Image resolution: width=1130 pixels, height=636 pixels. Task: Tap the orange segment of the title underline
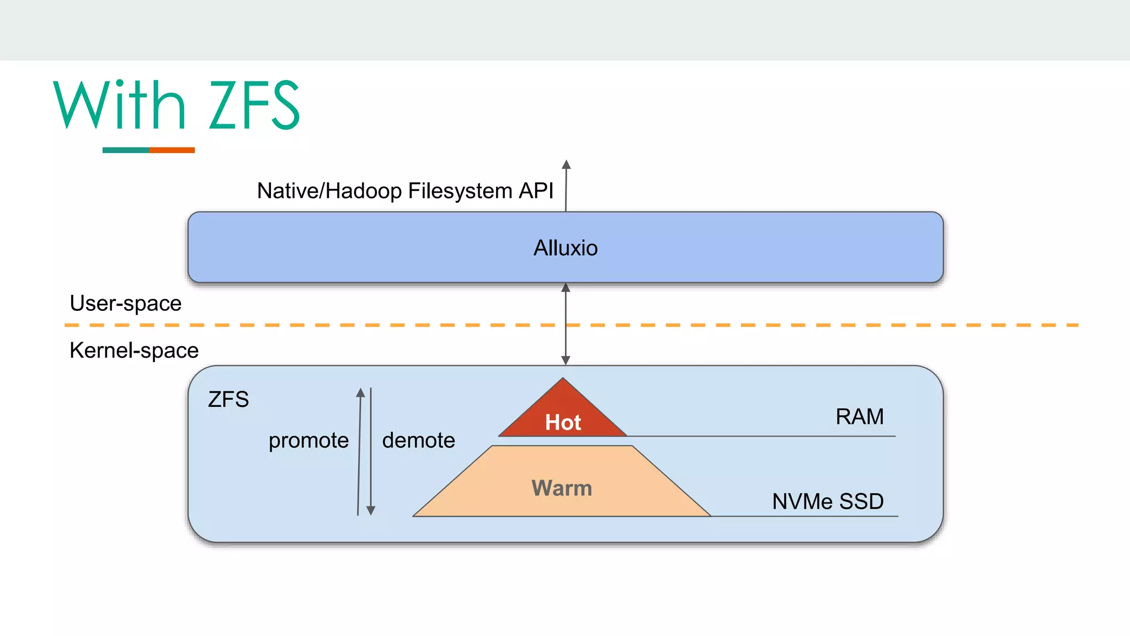(x=172, y=150)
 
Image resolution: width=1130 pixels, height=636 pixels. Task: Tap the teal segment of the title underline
(x=125, y=150)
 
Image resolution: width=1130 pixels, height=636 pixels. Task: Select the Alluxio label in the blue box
(x=566, y=248)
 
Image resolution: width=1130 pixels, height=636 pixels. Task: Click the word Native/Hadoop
(x=329, y=191)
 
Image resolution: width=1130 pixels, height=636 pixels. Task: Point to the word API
(x=536, y=191)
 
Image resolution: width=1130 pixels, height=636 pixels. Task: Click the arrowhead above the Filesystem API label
(x=566, y=165)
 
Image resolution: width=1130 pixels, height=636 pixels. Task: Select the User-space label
(x=125, y=303)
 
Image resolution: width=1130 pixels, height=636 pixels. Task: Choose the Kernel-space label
(x=134, y=351)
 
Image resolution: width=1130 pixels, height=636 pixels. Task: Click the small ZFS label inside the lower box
(x=228, y=399)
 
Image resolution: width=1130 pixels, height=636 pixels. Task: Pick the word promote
(x=308, y=441)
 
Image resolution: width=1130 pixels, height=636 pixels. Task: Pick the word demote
(x=418, y=441)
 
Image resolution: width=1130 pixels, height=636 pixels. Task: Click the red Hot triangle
(x=563, y=414)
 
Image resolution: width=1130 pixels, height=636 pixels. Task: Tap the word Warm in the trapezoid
(x=562, y=488)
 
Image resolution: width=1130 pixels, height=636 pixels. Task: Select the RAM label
(x=859, y=416)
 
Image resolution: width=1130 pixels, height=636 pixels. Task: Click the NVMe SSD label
(x=828, y=501)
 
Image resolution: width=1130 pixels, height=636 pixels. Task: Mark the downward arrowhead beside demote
(x=371, y=510)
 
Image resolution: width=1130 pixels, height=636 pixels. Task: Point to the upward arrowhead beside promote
(x=360, y=393)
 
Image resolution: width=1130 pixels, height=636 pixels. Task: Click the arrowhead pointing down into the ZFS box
(x=566, y=360)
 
